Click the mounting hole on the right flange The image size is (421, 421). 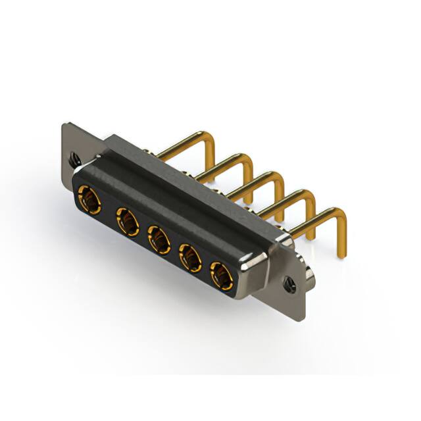click(290, 285)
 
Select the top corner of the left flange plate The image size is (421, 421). click(66, 125)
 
